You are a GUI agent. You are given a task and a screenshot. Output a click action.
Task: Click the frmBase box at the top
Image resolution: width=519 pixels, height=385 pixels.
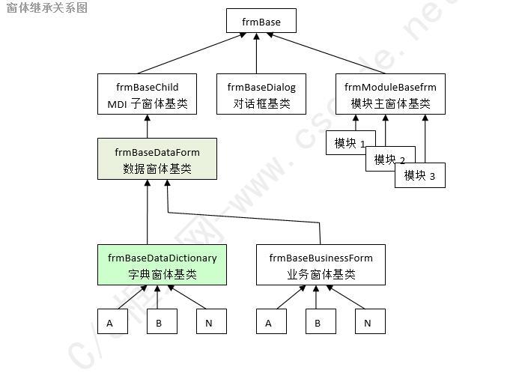pyautogui.click(x=261, y=21)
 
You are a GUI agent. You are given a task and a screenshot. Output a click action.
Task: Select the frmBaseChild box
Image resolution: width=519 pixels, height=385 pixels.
pyautogui.click(x=147, y=94)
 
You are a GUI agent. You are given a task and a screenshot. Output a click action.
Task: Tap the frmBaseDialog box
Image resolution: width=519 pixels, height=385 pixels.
pyautogui.click(x=261, y=94)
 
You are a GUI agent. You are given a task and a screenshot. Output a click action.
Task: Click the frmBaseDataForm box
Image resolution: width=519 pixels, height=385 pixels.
pyautogui.click(x=157, y=160)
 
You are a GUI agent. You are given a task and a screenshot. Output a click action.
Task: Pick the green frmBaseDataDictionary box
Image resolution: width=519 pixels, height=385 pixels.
pyautogui.click(x=162, y=265)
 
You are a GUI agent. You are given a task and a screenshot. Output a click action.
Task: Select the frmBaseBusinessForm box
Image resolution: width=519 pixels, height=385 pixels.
pyautogui.click(x=321, y=265)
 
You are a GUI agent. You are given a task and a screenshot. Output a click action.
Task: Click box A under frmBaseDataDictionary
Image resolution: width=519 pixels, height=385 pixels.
pyautogui.click(x=111, y=323)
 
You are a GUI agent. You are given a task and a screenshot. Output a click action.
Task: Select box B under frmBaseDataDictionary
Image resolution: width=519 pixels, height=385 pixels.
pyautogui.click(x=160, y=323)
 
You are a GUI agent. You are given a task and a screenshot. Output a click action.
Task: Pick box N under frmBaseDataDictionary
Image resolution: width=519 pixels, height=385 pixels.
pyautogui.click(x=210, y=323)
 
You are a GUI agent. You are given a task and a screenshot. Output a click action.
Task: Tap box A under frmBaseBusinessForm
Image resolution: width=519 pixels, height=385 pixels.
pyautogui.click(x=270, y=323)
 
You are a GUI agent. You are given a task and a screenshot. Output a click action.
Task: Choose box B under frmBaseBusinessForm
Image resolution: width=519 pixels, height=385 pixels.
pyautogui.click(x=318, y=323)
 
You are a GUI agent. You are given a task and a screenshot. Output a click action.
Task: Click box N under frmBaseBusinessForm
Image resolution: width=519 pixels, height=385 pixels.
pyautogui.click(x=368, y=323)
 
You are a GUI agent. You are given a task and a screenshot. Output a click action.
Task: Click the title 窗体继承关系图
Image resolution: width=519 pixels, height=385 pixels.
pyautogui.click(x=46, y=8)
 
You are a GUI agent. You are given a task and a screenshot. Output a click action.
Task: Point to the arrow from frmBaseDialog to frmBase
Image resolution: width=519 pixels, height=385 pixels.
pyautogui.click(x=256, y=52)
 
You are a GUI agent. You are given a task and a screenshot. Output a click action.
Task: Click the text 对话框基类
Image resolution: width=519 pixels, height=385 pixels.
pyautogui.click(x=261, y=104)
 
